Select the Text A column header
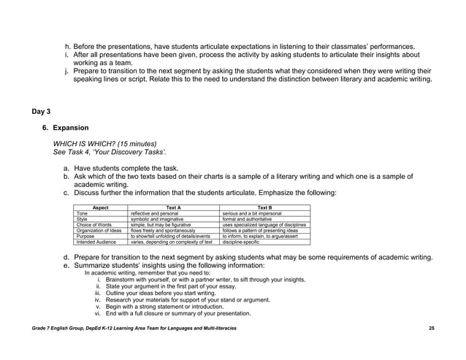tap(174, 207)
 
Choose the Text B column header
tap(264, 207)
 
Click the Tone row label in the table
tap(82, 213)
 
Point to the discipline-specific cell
tap(244, 242)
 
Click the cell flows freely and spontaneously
tap(163, 231)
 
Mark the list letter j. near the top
tap(67, 70)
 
